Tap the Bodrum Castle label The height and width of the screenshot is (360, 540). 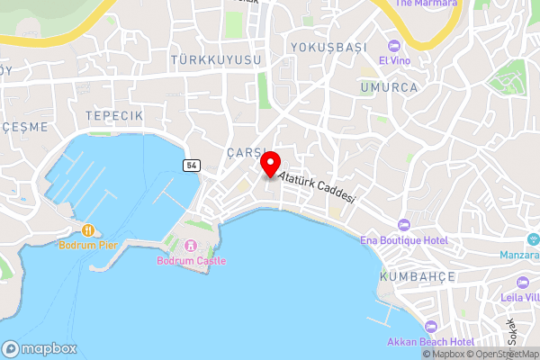(x=191, y=261)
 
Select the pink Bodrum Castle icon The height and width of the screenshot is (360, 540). (x=191, y=246)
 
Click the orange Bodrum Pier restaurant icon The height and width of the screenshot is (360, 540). (x=88, y=229)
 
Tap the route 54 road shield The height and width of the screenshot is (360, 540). (x=191, y=165)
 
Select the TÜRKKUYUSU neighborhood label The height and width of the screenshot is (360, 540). (x=216, y=59)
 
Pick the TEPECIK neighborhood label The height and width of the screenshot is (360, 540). (x=114, y=116)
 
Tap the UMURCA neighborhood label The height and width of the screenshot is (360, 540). (x=389, y=87)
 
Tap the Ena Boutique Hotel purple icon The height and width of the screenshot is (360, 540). (x=404, y=225)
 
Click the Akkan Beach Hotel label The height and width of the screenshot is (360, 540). (x=430, y=342)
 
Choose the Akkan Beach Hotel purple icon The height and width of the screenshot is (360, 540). (x=430, y=327)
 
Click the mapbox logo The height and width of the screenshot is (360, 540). (x=40, y=348)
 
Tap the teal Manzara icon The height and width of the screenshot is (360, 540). (x=533, y=239)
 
